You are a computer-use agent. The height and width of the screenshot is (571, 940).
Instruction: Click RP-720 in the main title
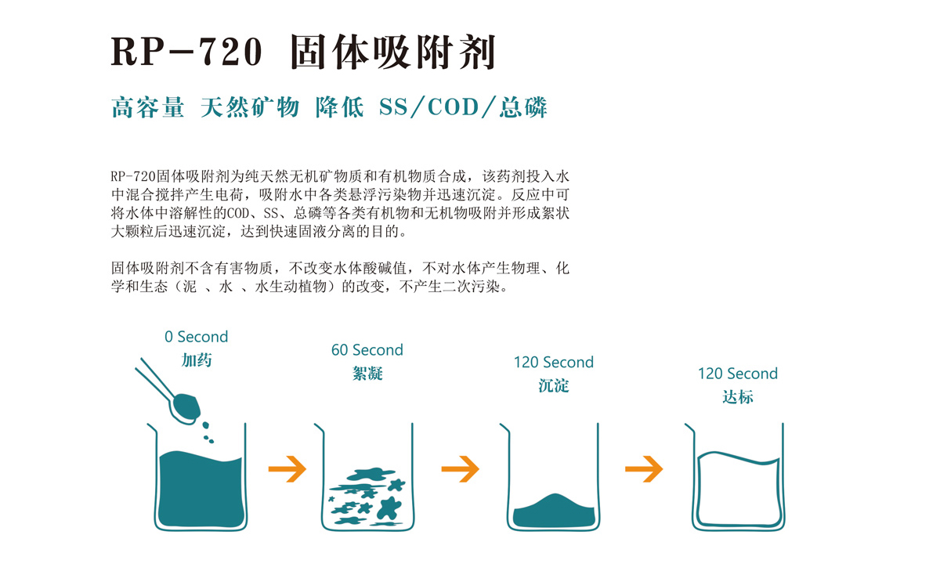click(186, 52)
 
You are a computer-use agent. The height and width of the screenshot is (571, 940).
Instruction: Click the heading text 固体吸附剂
click(392, 52)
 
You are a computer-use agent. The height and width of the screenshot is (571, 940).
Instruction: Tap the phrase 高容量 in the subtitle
click(148, 107)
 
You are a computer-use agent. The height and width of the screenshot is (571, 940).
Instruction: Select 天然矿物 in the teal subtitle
click(250, 107)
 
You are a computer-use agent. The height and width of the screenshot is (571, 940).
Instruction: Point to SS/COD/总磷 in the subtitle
click(463, 107)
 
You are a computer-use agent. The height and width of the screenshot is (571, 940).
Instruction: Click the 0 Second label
click(196, 337)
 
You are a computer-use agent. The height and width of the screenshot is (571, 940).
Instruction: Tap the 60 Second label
click(367, 350)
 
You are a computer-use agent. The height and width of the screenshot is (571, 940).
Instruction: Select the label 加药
click(197, 360)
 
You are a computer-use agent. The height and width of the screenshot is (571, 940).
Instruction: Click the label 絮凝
click(367, 374)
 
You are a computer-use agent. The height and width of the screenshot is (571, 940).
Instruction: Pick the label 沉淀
click(554, 385)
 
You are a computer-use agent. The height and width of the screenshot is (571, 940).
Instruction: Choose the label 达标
click(738, 397)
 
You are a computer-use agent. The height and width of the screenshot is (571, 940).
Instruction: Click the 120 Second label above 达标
click(738, 374)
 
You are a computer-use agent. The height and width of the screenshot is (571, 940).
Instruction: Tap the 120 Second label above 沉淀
click(554, 362)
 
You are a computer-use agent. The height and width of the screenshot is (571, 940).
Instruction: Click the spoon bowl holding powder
click(186, 408)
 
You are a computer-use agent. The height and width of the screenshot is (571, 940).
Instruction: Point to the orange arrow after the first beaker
click(287, 468)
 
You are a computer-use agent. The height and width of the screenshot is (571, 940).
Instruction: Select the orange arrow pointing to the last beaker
click(644, 468)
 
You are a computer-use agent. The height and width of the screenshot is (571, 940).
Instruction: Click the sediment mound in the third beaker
click(554, 511)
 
